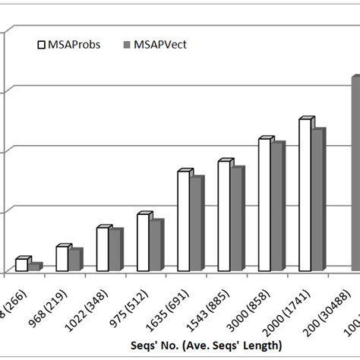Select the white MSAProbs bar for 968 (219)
62,258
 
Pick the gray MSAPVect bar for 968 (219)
74,260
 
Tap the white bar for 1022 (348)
103,249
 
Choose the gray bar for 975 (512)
155,245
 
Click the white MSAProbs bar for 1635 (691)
184,221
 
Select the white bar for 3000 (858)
264,205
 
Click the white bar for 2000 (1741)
305,195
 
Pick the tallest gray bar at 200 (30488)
355,174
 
